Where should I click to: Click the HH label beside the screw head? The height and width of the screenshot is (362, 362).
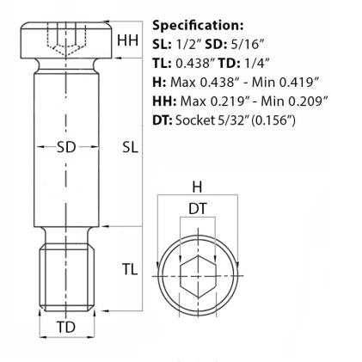[x=126, y=40]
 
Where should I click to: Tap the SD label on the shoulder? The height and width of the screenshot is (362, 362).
[x=66, y=147]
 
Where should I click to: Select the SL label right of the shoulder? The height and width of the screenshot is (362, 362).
[x=130, y=147]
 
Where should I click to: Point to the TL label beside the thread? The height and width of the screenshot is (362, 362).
[x=129, y=270]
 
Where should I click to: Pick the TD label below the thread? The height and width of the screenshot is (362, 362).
[x=66, y=328]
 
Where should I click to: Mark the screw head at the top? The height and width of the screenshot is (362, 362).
[x=66, y=39]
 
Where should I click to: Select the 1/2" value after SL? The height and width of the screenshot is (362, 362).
[x=187, y=44]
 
